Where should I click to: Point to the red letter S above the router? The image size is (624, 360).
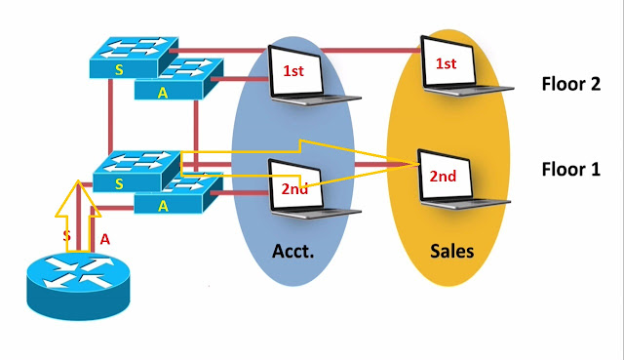(x=66, y=235)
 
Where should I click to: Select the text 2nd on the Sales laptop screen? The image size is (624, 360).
(x=444, y=177)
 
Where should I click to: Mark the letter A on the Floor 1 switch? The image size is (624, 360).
(x=164, y=205)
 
